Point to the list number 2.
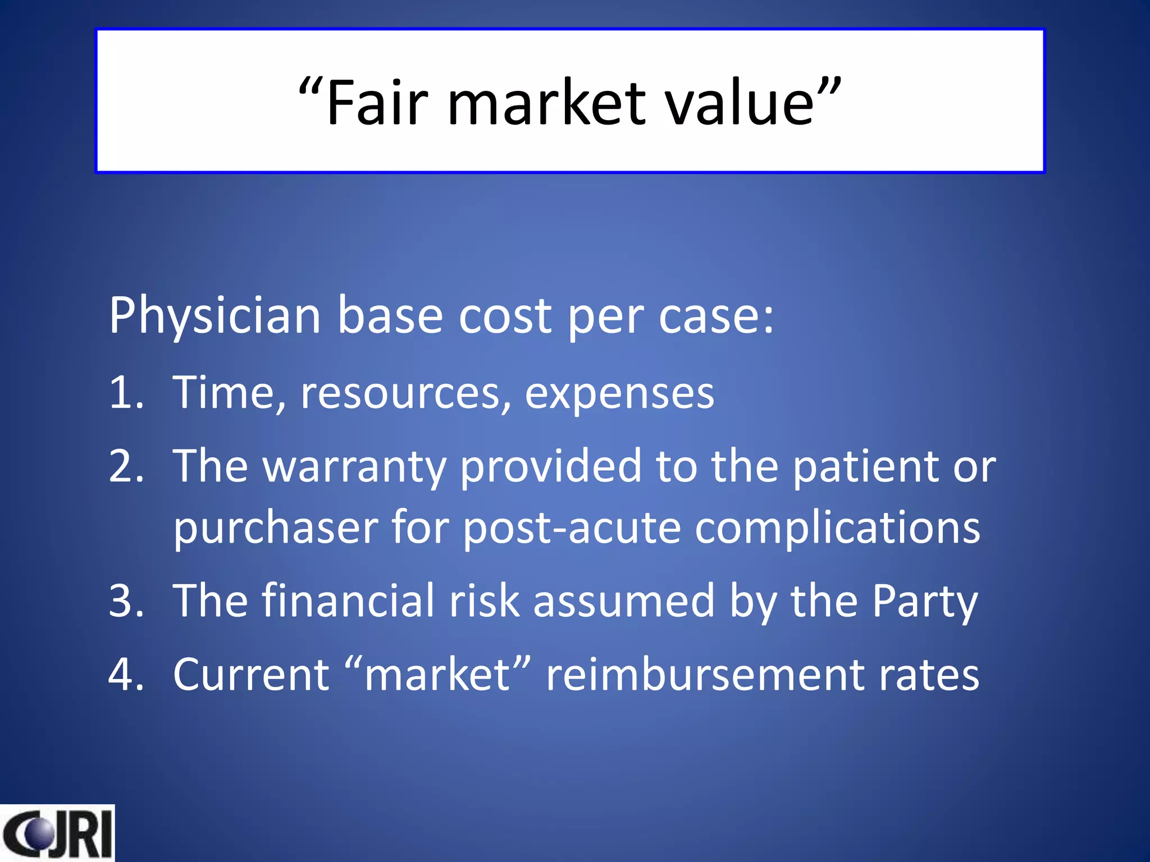pos(126,466)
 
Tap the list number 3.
pos(126,601)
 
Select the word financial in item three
pos(348,601)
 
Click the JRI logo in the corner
pos(57,833)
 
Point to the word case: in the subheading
pos(716,316)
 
